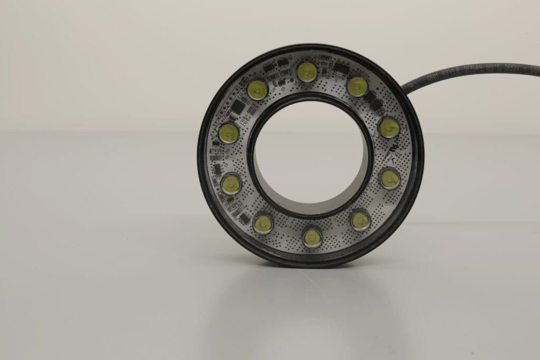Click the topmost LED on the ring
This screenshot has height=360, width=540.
[306, 72]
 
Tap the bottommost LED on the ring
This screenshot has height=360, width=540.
[312, 237]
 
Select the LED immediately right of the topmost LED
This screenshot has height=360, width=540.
[357, 86]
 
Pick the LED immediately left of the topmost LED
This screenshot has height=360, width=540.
[257, 90]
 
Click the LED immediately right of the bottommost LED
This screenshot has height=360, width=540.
[360, 221]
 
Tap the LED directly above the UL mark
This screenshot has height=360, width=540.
[389, 128]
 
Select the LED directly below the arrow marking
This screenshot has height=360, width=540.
[390, 179]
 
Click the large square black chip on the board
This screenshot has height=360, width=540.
[238, 108]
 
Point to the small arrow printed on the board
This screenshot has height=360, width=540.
[390, 156]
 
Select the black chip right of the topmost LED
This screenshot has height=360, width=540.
[340, 68]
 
